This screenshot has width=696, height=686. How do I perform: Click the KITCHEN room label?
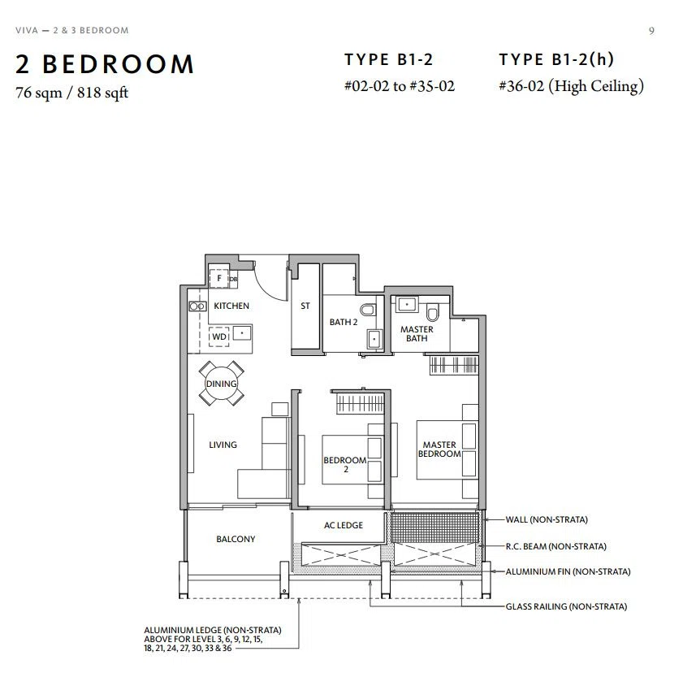[x=231, y=306]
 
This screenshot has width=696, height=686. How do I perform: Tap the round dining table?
[x=221, y=383]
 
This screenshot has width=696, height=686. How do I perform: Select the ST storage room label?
[x=305, y=306]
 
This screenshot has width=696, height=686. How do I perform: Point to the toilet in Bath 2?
[x=369, y=309]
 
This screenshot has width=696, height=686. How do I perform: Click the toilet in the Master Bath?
[x=432, y=313]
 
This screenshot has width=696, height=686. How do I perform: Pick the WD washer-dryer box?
[x=219, y=336]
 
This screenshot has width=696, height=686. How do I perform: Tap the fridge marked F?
[x=218, y=279]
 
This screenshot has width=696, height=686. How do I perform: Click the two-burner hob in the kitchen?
[x=197, y=306]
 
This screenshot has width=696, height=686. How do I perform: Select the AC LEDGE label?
[x=343, y=525]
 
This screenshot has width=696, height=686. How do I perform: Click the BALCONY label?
[x=236, y=539]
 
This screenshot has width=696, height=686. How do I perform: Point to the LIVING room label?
[x=223, y=445]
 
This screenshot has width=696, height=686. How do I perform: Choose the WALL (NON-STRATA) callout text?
[x=547, y=519]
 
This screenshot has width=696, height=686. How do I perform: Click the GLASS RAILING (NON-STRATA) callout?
[x=566, y=606]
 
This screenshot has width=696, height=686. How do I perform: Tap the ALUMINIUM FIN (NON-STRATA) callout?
[x=568, y=571]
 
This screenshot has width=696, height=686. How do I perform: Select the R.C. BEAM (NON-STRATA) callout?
[x=556, y=546]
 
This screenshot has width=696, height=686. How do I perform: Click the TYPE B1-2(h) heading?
[x=556, y=59]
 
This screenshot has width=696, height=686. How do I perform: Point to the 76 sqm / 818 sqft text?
[x=72, y=93]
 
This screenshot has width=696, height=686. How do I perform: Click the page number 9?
[x=651, y=31]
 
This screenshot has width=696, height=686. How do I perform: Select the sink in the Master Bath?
[x=407, y=305]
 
